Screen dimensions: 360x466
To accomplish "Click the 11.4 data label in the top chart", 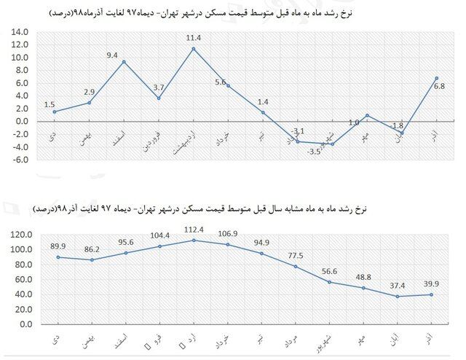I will (193, 37).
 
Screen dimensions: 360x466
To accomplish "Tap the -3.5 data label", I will (314, 152).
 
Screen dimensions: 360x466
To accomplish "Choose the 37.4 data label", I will (397, 286).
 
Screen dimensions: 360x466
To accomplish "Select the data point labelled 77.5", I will (295, 267).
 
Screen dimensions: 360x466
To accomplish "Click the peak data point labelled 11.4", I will (193, 49).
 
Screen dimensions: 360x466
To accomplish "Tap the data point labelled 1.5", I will (55, 111).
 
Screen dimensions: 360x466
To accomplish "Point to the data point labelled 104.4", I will (159, 246).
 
